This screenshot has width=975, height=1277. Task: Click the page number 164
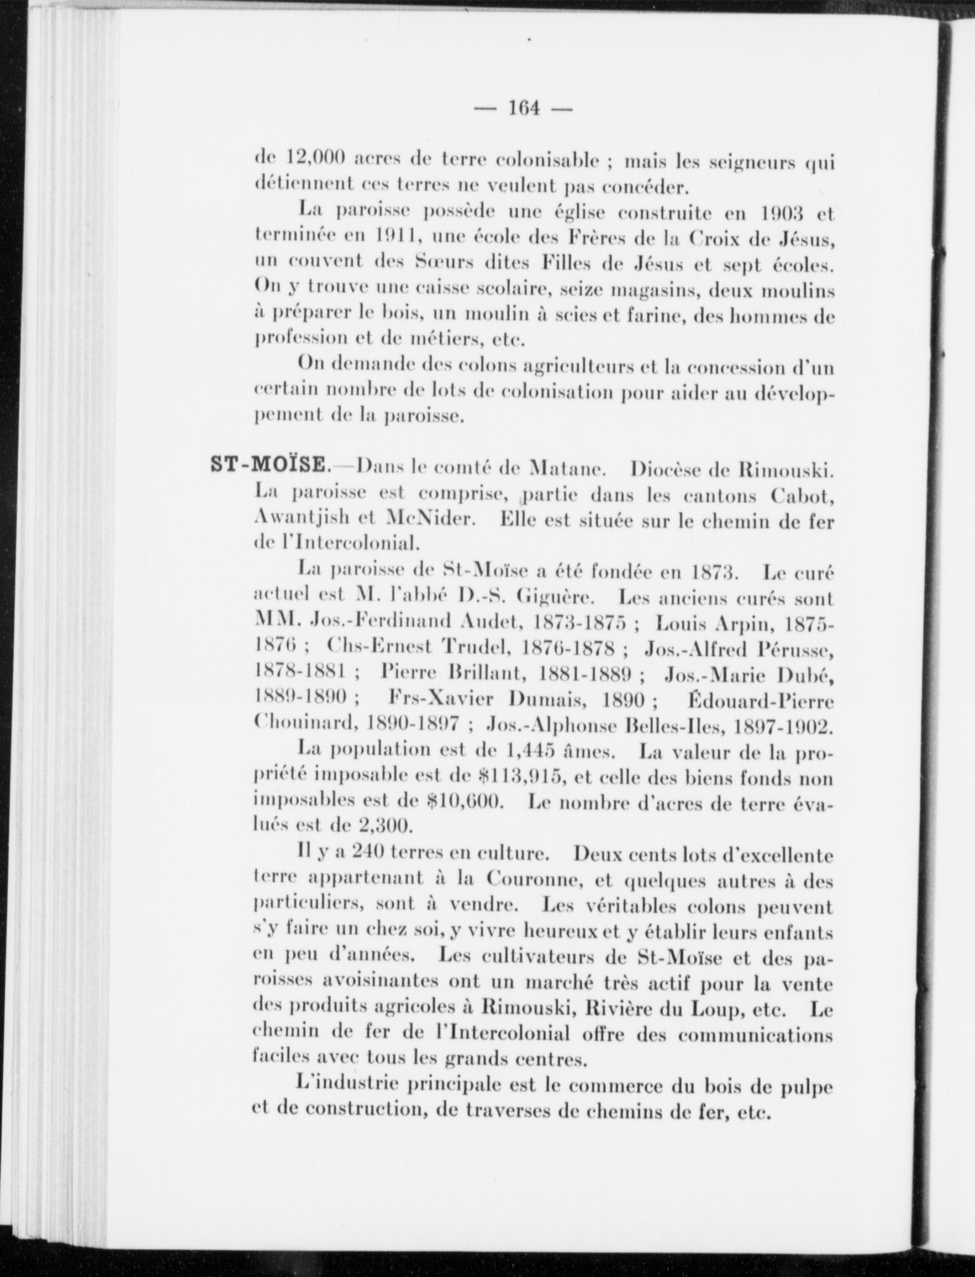click(x=524, y=109)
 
